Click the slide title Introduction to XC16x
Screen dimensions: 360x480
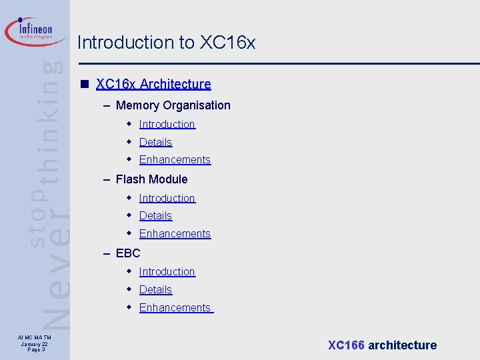coord(166,43)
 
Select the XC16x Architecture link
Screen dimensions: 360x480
coord(153,84)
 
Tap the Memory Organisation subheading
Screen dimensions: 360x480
coord(173,105)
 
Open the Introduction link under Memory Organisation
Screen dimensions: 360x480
coord(167,125)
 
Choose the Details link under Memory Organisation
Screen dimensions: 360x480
coord(155,142)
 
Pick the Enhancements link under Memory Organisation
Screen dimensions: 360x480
coord(175,160)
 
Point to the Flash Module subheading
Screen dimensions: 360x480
coord(151,179)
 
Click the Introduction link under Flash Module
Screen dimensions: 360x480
coord(167,198)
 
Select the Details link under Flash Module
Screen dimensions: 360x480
coord(155,216)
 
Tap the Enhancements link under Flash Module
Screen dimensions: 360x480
coord(175,234)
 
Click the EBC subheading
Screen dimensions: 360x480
coord(128,253)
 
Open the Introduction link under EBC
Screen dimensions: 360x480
coord(167,272)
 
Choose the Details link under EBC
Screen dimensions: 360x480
coord(155,290)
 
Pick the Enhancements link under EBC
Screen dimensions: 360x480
coord(175,308)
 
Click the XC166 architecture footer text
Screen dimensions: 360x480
coord(382,345)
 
